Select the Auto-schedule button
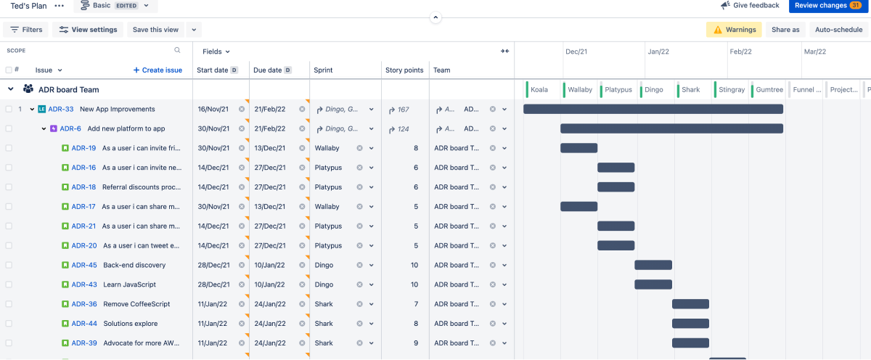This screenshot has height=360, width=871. point(838,30)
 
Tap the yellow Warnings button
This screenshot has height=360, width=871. point(734,30)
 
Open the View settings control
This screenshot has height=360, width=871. point(88,30)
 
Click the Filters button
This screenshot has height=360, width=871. point(26,30)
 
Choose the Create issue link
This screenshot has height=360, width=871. point(158,70)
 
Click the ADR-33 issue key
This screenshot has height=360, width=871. point(61,110)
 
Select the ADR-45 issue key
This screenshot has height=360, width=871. point(84,266)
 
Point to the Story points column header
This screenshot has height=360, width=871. point(404,70)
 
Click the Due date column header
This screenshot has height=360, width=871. point(267,70)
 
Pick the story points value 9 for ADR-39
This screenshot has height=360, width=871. point(415,343)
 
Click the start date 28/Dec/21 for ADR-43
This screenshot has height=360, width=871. point(213,285)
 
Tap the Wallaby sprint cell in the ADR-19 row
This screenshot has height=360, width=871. point(327,148)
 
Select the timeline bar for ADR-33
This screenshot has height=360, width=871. point(653,110)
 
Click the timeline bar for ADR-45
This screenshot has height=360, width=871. point(653,265)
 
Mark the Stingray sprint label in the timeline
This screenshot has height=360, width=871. point(732,90)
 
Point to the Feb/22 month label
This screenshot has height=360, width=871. point(741,52)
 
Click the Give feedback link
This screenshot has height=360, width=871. point(750,6)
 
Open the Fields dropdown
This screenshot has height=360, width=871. point(216,52)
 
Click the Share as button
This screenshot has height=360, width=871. point(785,30)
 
